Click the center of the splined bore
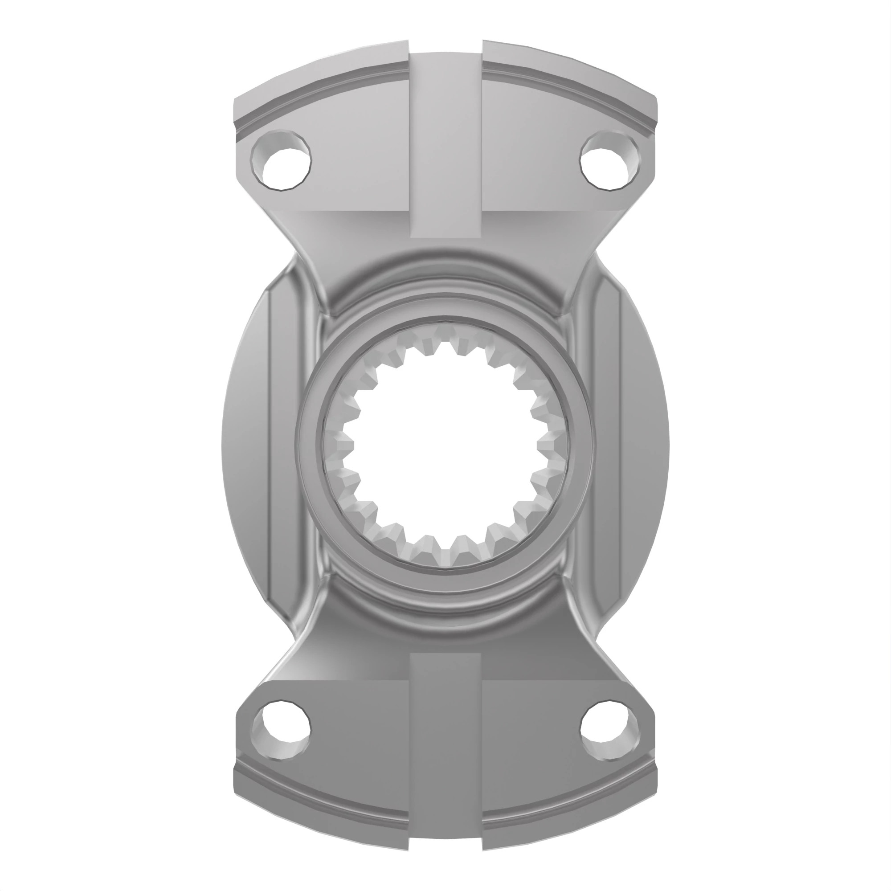pyautogui.click(x=445, y=445)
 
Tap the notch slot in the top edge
pyautogui.click(x=445, y=46)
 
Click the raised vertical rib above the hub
pyautogui.click(x=445, y=147)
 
